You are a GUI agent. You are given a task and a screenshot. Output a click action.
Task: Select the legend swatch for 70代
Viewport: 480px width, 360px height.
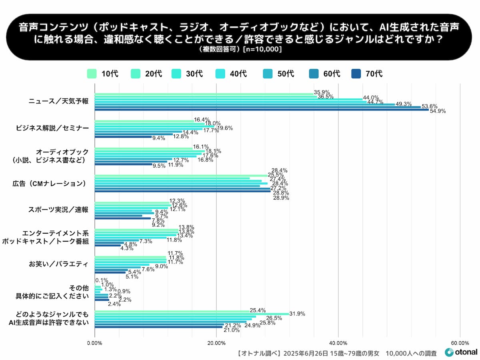pos(356,74)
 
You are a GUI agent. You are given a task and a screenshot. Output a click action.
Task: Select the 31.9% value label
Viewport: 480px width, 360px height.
pos(297,314)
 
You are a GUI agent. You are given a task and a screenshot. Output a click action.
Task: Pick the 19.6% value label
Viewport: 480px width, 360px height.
pos(225,128)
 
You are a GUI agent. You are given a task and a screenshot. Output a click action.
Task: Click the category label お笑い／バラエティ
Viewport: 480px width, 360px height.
pos(58,264)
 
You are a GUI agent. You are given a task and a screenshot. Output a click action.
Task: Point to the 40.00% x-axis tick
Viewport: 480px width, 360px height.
pos(338,343)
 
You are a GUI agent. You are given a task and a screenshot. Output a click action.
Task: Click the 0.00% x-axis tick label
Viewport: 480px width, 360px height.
pos(94,343)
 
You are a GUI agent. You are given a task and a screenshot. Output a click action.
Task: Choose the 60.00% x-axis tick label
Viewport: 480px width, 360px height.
pos(460,343)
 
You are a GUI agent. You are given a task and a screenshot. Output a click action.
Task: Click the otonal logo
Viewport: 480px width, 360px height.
pos(461,352)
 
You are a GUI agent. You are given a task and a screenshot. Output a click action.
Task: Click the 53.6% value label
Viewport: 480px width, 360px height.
pos(430,106)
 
